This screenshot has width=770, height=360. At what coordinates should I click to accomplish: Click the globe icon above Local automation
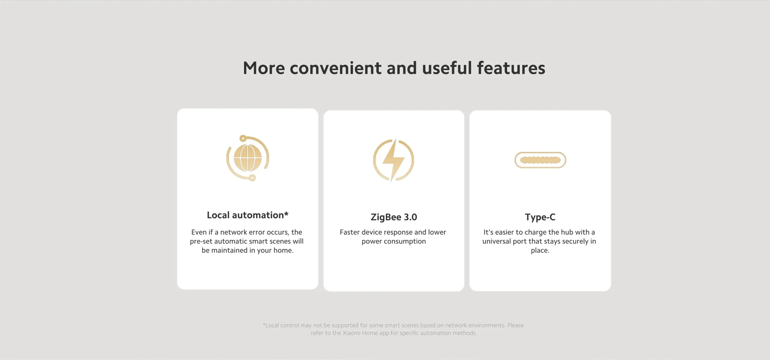(x=248, y=158)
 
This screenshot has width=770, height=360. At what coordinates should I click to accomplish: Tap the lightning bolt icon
(x=394, y=160)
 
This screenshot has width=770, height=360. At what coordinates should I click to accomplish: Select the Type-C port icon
(x=540, y=160)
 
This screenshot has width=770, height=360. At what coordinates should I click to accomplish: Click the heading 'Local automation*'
(x=247, y=215)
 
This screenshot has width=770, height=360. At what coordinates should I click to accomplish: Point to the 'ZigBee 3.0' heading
(x=394, y=217)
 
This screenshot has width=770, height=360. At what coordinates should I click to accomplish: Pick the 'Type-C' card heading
(x=540, y=217)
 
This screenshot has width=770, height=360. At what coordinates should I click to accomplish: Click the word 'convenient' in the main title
(x=335, y=68)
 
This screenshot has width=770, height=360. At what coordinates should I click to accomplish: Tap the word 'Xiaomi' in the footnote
(x=351, y=333)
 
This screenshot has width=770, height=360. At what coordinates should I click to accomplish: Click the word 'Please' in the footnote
(x=516, y=325)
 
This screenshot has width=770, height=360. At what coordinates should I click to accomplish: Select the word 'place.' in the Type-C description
(x=540, y=251)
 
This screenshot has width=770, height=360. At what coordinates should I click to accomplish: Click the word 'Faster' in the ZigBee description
(x=350, y=232)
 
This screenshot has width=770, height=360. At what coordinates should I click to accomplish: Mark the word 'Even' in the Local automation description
(x=199, y=232)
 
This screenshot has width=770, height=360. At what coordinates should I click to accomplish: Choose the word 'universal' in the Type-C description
(x=497, y=241)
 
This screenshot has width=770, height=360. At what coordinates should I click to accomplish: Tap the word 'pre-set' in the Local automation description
(x=201, y=242)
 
